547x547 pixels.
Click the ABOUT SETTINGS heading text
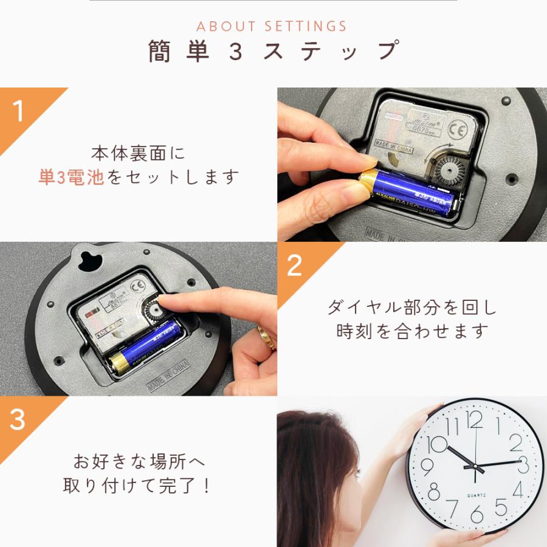272,27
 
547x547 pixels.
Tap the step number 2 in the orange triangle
295,266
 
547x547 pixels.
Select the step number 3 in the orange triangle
18,420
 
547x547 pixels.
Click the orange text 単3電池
71,177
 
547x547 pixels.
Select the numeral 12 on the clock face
475,419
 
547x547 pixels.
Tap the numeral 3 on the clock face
523,466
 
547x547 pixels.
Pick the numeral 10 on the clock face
437,445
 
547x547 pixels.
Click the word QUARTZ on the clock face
476,496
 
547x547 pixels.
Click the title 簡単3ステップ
273,52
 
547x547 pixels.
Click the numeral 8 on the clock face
434,490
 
